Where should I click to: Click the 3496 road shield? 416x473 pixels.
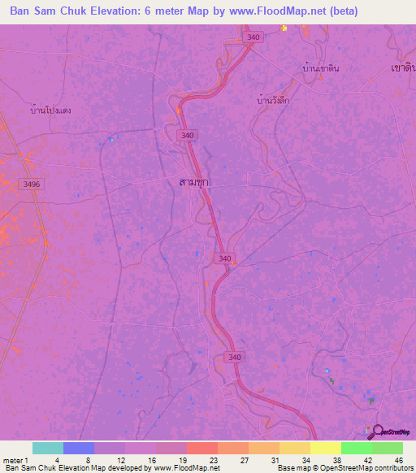(31, 184)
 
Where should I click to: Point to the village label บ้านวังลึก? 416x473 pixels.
(273, 100)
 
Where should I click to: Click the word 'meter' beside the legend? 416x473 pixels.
(11, 459)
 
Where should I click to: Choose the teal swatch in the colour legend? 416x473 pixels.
(48, 448)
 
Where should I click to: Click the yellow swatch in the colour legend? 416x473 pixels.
(326, 448)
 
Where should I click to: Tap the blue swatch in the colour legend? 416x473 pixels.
(79, 448)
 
